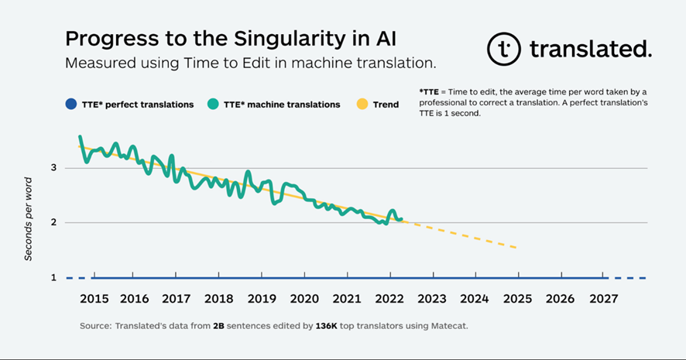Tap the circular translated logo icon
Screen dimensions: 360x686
click(503, 49)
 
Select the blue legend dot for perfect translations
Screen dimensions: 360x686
click(71, 104)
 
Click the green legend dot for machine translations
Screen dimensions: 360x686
click(212, 104)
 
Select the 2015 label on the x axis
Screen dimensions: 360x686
click(93, 299)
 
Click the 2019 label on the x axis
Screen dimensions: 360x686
click(262, 299)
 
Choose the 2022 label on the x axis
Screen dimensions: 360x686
click(389, 299)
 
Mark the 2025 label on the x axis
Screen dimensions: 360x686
click(516, 299)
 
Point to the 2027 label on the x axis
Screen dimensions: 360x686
click(602, 299)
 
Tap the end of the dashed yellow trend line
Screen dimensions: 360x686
click(516, 248)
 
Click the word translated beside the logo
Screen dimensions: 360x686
click(590, 50)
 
